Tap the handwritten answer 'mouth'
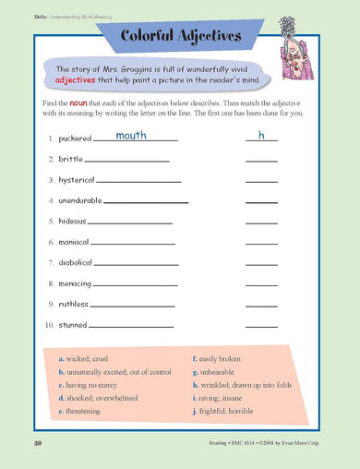coord(131,136)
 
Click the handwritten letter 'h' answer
coord(261,136)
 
